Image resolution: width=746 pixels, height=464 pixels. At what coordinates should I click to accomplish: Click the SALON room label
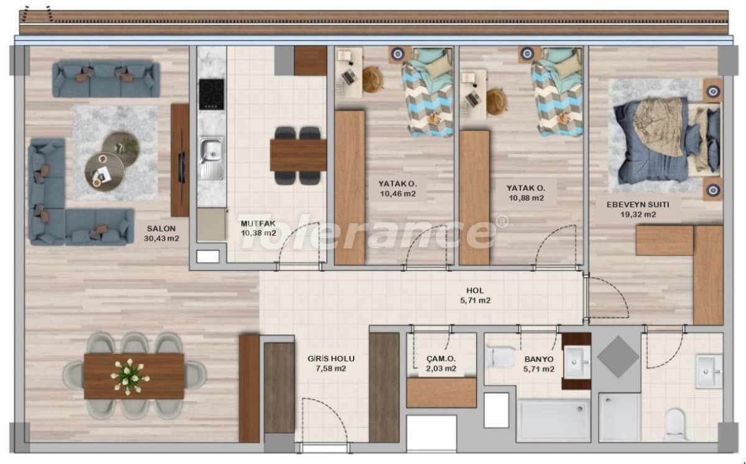[161, 229]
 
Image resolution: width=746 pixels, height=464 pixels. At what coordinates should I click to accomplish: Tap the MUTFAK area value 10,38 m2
[259, 233]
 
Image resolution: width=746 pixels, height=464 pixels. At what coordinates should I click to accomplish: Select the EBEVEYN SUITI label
[638, 205]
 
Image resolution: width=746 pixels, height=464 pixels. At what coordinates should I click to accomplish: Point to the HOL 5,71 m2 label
[475, 295]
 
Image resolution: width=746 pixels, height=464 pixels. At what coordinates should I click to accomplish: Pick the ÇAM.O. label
[441, 359]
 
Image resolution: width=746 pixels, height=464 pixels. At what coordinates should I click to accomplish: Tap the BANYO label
[539, 360]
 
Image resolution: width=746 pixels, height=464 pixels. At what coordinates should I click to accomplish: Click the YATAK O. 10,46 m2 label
[398, 188]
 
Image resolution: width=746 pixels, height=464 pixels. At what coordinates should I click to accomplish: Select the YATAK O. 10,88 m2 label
[526, 193]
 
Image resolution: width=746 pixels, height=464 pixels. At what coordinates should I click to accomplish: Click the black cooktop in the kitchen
[211, 95]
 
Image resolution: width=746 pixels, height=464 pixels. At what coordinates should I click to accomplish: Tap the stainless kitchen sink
[211, 158]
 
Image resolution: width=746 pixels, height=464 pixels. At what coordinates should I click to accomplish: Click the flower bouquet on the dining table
[129, 377]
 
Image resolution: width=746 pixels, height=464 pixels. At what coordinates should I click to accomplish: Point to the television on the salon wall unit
[182, 167]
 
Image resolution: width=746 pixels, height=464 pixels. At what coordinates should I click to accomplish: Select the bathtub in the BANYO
[553, 419]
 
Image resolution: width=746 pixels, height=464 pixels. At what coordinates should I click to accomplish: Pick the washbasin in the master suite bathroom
[709, 371]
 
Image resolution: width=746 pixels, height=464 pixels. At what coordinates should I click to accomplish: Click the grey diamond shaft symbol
[618, 357]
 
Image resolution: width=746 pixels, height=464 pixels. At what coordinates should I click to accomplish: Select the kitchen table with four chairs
[298, 155]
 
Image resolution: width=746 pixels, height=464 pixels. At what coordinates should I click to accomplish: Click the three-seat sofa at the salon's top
[106, 78]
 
